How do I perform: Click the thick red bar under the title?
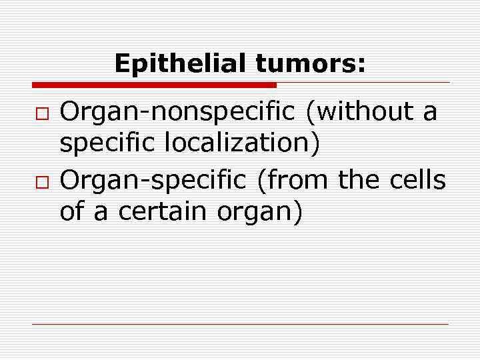[153, 85]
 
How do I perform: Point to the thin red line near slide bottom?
[240, 324]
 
